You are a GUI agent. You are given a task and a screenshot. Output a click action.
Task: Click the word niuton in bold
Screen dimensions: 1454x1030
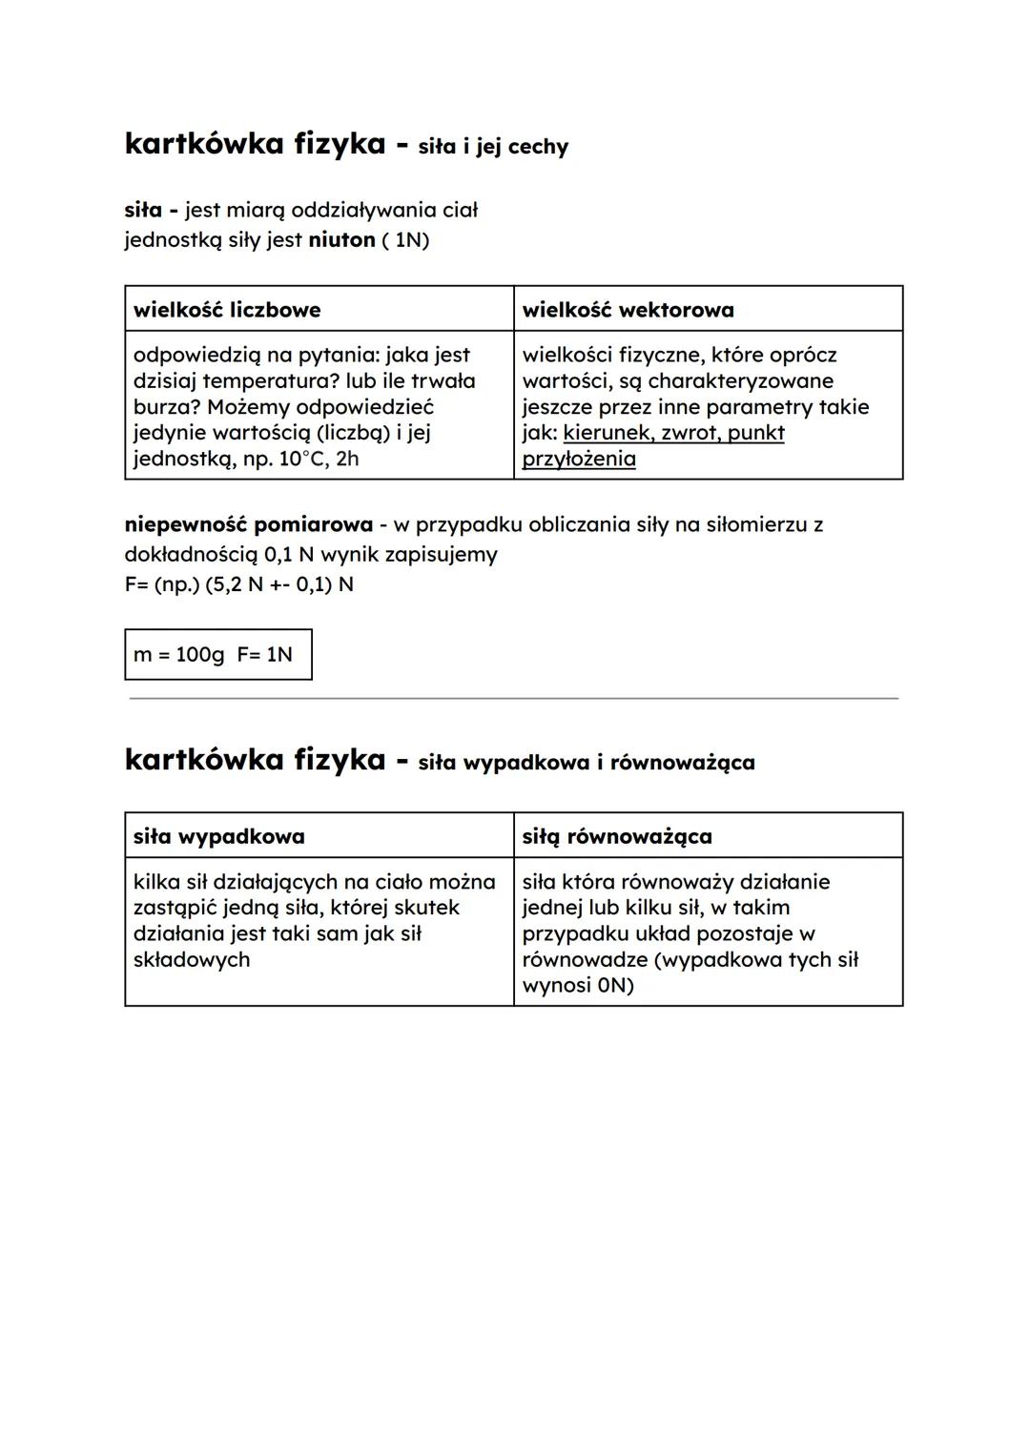pos(341,239)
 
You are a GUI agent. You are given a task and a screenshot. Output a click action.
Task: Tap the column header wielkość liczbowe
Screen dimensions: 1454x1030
pos(227,310)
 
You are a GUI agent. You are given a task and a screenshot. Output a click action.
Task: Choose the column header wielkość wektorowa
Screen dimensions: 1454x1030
pos(628,310)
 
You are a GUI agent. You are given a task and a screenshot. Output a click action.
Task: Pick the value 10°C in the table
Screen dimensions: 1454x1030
pos(303,459)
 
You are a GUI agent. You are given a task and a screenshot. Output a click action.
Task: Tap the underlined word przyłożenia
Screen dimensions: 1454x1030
pos(579,459)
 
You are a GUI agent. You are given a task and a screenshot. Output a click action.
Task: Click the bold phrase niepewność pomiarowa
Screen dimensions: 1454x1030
pos(249,524)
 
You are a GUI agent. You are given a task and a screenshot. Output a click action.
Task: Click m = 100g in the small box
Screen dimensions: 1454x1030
pos(179,655)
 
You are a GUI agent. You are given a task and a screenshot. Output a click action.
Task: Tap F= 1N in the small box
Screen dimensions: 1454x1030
pos(265,655)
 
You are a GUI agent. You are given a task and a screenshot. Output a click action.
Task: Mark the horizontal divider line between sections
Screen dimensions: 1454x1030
pos(514,699)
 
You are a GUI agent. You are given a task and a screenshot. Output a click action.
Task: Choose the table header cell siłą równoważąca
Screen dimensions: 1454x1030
pos(617,836)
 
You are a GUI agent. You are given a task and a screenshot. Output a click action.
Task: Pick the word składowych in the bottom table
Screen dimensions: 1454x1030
pos(192,960)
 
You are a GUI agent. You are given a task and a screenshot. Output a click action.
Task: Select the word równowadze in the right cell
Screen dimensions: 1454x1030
pos(585,960)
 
